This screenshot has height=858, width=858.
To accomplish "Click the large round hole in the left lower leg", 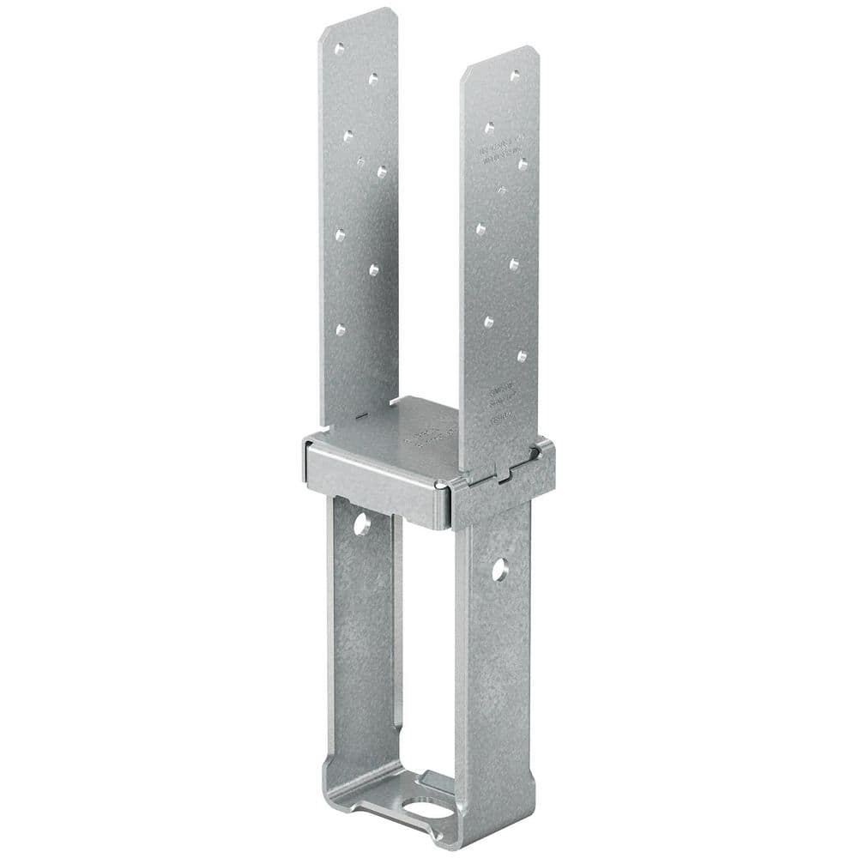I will click(x=364, y=523).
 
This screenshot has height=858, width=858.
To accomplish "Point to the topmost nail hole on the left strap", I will click(x=341, y=48).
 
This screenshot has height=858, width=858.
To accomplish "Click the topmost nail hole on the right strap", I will click(x=515, y=76).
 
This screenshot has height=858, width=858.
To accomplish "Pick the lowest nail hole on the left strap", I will click(x=341, y=329).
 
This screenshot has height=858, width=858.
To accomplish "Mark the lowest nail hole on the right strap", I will click(x=522, y=355).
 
